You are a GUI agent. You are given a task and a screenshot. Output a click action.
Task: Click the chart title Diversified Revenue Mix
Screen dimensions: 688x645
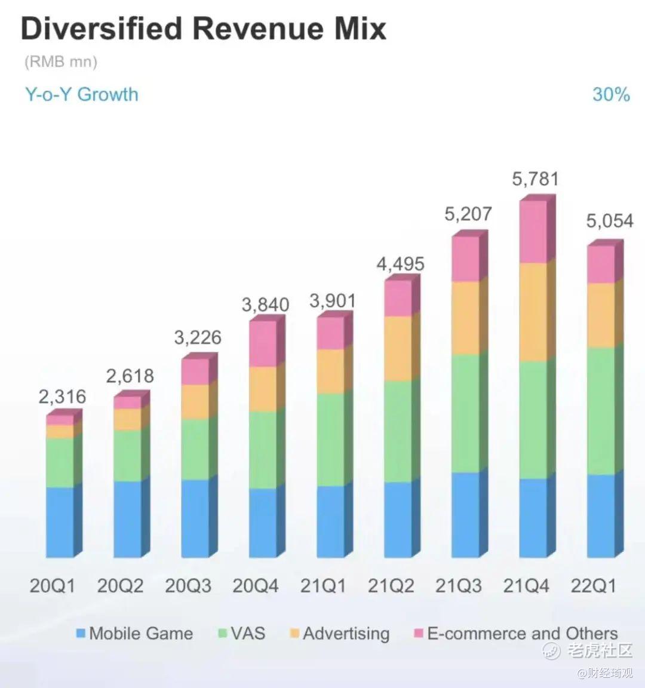[x=203, y=29]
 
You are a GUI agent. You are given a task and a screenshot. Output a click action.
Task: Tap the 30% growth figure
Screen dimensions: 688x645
[x=610, y=94]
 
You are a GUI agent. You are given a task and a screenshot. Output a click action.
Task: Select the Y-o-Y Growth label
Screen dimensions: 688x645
[x=82, y=94]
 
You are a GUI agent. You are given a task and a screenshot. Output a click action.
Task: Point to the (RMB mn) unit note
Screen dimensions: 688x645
[x=60, y=62]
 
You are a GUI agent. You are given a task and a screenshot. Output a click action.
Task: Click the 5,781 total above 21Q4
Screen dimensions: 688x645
[x=535, y=179]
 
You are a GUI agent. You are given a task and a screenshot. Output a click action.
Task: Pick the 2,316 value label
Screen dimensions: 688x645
[x=63, y=396]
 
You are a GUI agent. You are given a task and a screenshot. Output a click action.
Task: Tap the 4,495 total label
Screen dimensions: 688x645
[x=400, y=263]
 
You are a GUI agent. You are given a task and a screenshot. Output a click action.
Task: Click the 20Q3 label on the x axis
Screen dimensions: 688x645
[x=188, y=586]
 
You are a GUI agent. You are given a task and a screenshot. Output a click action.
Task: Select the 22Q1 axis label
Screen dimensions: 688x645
[x=593, y=586]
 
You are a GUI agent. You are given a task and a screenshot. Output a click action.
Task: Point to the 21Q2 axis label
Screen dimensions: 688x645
[x=391, y=586]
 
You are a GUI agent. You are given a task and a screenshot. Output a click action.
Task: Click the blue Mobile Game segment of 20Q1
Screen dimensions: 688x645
[x=60, y=522]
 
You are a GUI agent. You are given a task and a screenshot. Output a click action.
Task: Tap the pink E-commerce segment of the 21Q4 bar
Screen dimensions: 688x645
[x=533, y=232]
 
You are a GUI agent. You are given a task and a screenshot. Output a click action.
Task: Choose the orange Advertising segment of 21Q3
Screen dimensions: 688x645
[x=465, y=318]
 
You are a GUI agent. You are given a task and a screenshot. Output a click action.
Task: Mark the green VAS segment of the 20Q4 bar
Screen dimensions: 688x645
[x=263, y=450]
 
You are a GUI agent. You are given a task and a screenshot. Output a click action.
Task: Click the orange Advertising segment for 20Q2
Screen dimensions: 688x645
[x=127, y=419]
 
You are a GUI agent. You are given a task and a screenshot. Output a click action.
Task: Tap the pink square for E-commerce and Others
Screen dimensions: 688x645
[x=419, y=633]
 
